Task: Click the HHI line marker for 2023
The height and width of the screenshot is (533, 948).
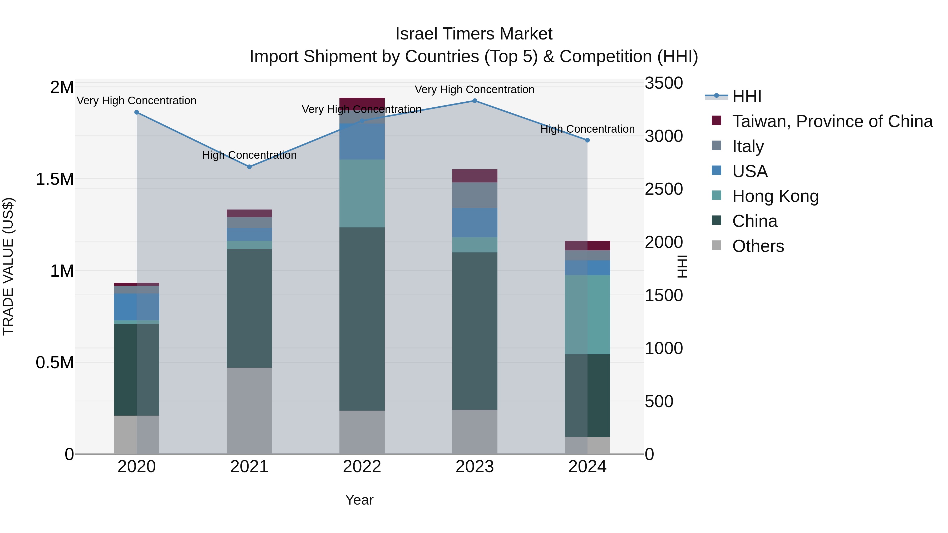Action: pos(474,101)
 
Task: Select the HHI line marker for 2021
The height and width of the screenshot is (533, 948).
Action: pos(249,167)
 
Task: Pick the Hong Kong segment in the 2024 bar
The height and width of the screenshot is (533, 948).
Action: pos(587,315)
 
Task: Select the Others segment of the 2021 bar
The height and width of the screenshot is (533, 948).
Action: pos(249,411)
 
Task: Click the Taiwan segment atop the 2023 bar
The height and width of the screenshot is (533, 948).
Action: pos(474,176)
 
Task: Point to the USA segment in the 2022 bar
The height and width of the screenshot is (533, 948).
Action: pos(362,142)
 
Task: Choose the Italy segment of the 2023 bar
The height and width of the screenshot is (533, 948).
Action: pos(474,195)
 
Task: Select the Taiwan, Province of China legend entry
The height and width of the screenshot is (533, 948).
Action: pos(832,121)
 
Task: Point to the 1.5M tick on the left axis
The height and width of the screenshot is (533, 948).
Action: pos(55,179)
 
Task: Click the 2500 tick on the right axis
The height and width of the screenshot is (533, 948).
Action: pos(664,189)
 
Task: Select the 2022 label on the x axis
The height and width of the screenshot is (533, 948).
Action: pos(362,467)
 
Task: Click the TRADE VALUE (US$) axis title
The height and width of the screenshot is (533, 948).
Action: pos(8,266)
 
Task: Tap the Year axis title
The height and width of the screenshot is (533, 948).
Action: pos(359,500)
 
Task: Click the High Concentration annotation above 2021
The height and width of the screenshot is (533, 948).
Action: pos(249,155)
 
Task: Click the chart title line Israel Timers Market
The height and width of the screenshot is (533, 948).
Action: pos(474,34)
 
